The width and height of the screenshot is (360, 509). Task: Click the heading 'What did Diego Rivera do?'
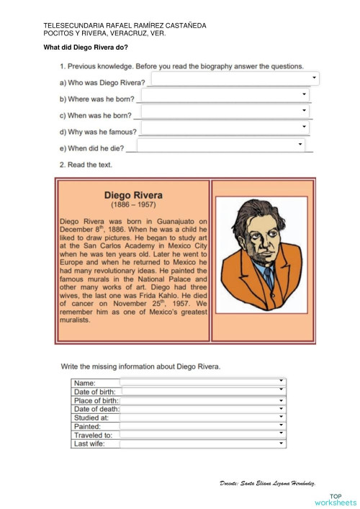tap(86, 48)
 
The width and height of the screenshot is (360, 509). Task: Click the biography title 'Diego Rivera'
tap(134, 194)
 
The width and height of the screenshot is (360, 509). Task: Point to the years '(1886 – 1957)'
tap(134, 205)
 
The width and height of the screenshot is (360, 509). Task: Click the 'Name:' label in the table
tap(85, 382)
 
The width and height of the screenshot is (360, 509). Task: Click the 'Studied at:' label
tap(91, 418)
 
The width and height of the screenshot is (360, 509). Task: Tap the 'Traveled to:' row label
tap(93, 435)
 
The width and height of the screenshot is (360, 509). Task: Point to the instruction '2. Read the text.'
tap(86, 165)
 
